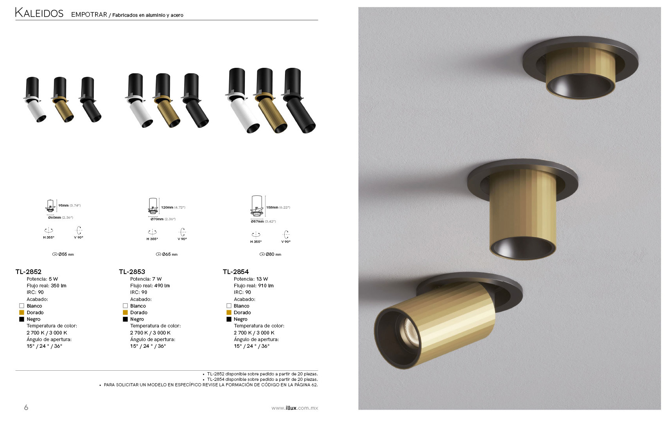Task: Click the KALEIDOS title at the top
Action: pos(39,13)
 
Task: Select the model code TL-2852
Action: pos(29,272)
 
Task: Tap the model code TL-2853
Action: pos(132,272)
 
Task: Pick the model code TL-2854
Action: pos(236,272)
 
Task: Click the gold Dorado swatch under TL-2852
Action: pos(22,313)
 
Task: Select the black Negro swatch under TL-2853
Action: pos(125,319)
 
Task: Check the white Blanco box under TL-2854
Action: pos(229,306)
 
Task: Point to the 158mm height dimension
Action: pos(272,207)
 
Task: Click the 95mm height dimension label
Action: pos(64,205)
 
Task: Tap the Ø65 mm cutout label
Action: pos(167,254)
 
